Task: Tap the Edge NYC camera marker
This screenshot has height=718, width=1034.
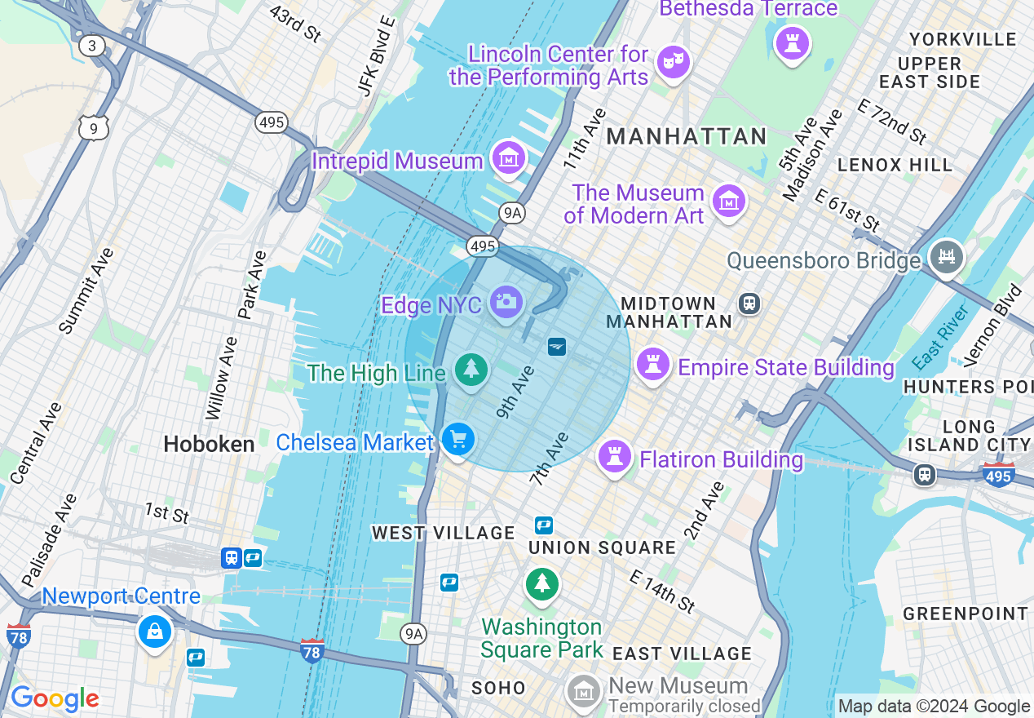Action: pos(506,301)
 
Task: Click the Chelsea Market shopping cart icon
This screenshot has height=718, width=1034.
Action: pos(457,440)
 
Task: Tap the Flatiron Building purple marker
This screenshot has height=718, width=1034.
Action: pos(615,456)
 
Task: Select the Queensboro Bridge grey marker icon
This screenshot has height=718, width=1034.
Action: pos(947,258)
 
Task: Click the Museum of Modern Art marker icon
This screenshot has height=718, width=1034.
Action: pos(728,200)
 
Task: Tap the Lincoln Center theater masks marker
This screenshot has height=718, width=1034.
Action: pos(674,62)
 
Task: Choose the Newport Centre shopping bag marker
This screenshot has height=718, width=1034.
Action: pos(154,631)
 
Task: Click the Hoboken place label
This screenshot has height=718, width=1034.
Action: pos(209,444)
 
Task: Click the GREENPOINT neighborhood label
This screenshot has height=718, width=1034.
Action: pos(966,614)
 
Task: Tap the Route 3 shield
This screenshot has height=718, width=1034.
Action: pos(92,46)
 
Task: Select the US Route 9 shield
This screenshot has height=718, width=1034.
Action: pos(94,126)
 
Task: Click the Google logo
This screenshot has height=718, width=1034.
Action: pos(55,698)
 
